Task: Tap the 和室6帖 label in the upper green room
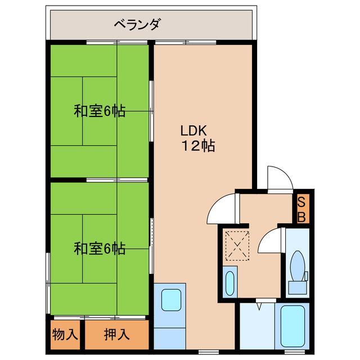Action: point(100,111)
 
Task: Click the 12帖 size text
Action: point(197,147)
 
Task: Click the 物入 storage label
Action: point(66,334)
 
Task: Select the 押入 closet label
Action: point(116,334)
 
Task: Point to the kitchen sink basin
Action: point(170,300)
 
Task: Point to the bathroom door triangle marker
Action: point(258,307)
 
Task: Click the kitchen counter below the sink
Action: point(170,332)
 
